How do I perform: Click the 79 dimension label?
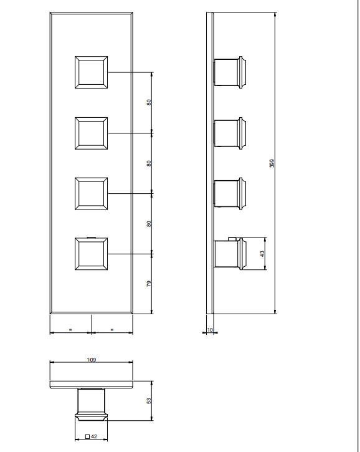pos(149,284)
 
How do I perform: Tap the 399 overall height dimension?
pos(272,163)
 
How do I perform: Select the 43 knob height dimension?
pos(262,254)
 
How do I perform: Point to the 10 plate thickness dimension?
pos(210,330)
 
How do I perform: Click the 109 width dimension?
pos(92,360)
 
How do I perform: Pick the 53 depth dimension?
pos(149,401)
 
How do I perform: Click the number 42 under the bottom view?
pos(94,436)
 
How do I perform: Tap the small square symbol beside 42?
pos(88,436)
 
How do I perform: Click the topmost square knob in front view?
pos(92,72)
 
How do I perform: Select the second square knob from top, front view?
pos(92,133)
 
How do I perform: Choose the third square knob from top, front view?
pos(92,193)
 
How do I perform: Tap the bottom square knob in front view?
pos(92,254)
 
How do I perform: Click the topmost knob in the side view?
pos(230,72)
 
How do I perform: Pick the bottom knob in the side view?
pos(230,254)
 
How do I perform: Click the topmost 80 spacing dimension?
pos(149,102)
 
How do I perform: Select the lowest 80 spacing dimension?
pos(149,224)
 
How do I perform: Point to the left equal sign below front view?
pos(70,329)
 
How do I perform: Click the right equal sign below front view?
pos(112,329)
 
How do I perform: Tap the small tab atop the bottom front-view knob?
pos(92,238)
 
